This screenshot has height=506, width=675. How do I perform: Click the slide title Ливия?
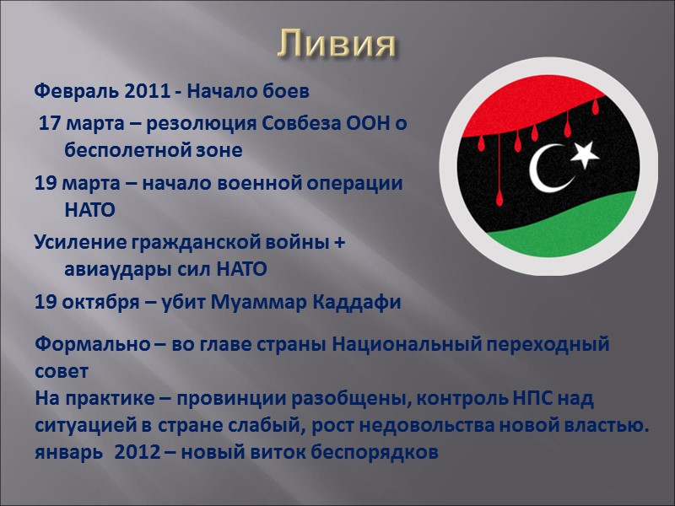[337, 44]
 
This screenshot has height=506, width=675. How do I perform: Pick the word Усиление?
[79, 243]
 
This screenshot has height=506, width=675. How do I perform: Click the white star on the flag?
[584, 153]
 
